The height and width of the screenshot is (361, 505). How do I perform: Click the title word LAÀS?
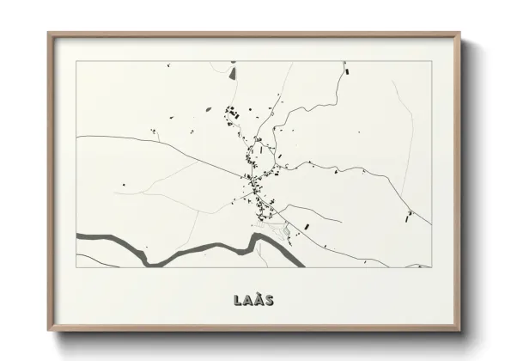pos(252,301)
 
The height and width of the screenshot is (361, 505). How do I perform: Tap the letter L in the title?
pos(237,301)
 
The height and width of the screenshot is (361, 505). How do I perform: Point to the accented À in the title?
pos(258,301)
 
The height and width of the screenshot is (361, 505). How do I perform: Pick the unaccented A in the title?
pos(247,301)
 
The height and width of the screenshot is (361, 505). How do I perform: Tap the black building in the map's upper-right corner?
pos(348,71)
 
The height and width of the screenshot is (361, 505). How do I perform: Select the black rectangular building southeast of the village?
pos(306,226)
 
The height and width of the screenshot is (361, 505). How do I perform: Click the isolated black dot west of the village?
pos(124,184)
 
